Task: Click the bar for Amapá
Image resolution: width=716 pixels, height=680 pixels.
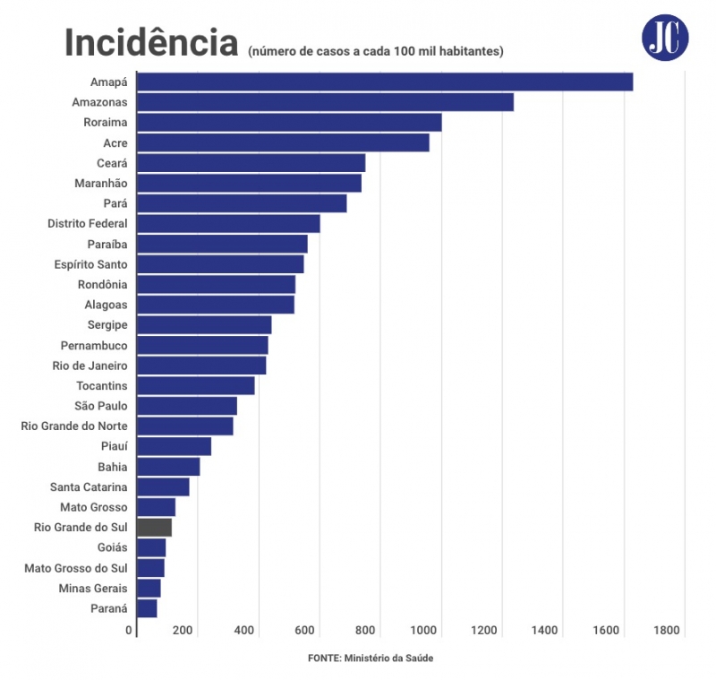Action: pos(385,82)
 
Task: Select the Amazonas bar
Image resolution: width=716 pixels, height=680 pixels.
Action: pos(325,102)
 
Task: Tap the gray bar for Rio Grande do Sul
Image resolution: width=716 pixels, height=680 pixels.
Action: pos(154,528)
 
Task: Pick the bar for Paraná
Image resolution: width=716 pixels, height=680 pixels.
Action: pos(147,608)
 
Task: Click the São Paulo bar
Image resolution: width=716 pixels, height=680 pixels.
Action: pos(186,406)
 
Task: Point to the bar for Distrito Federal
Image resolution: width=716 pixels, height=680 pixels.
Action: pos(228,224)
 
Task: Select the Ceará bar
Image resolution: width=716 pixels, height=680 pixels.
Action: pos(251,163)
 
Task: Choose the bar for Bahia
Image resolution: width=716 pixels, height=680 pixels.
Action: pos(168,467)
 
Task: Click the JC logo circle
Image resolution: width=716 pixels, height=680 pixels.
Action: pos(665,37)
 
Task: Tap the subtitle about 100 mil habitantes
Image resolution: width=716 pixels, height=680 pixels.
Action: pos(376,52)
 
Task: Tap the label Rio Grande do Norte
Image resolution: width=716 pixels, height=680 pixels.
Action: pos(73,426)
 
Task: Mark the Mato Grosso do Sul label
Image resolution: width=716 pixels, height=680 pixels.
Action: pos(76,568)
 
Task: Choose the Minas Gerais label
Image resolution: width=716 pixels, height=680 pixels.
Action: pos(93,589)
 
